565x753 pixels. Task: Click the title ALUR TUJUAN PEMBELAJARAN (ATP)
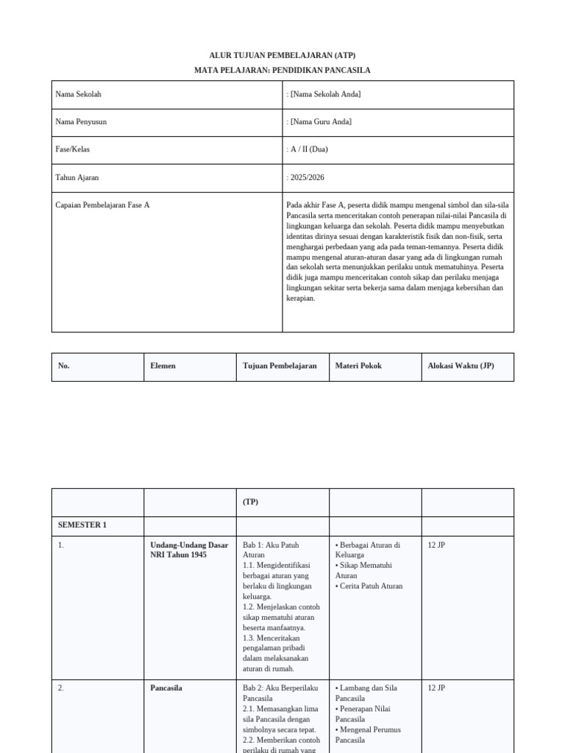(282, 55)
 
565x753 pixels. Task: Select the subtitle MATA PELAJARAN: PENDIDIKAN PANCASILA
(282, 70)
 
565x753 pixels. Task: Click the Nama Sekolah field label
(78, 95)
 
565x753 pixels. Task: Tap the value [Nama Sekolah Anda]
(325, 95)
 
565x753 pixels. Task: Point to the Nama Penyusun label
(81, 122)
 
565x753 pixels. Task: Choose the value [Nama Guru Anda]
(321, 122)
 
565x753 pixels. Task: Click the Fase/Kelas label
(73, 149)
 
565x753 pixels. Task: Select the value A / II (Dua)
(309, 149)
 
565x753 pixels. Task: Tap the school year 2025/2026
(307, 177)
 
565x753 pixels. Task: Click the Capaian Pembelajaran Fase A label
(102, 205)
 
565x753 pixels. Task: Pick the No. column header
(63, 366)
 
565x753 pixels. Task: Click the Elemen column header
(163, 366)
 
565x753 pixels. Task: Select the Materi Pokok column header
(358, 366)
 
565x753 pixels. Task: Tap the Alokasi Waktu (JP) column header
(461, 366)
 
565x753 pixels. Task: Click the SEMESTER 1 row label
(82, 525)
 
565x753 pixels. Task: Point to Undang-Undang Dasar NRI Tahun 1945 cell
(189, 550)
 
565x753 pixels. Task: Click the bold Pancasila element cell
(166, 688)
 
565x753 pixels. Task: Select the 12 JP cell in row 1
(436, 546)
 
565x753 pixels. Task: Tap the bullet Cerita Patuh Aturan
(370, 587)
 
